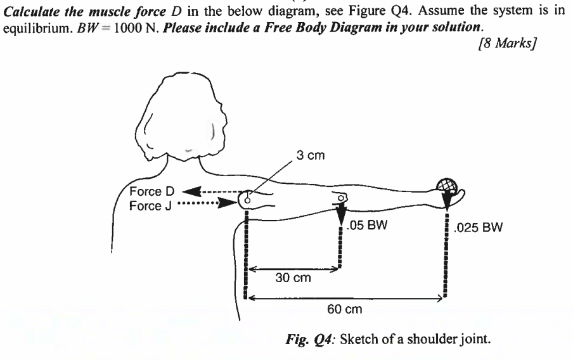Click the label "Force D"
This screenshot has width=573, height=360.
pos(148,191)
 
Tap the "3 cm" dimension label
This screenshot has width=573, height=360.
pos(312,155)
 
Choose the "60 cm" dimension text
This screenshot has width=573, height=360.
pos(344,308)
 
